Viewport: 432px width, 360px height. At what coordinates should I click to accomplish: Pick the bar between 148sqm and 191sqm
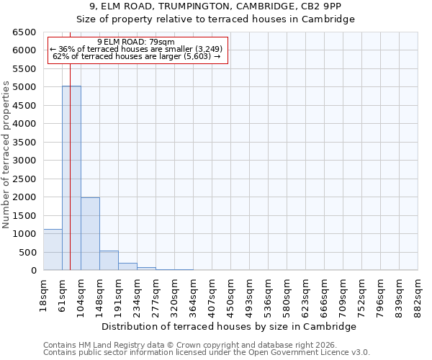coord(109,261)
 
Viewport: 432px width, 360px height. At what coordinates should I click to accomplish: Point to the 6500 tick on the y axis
coord(24,32)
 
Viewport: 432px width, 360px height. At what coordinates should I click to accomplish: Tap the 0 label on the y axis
coord(34,271)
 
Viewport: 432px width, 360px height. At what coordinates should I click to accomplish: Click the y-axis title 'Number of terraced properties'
coord(6,155)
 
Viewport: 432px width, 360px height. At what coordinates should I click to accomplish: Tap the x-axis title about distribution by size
coord(230,326)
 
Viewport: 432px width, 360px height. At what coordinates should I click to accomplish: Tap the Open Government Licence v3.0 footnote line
coord(207,352)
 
